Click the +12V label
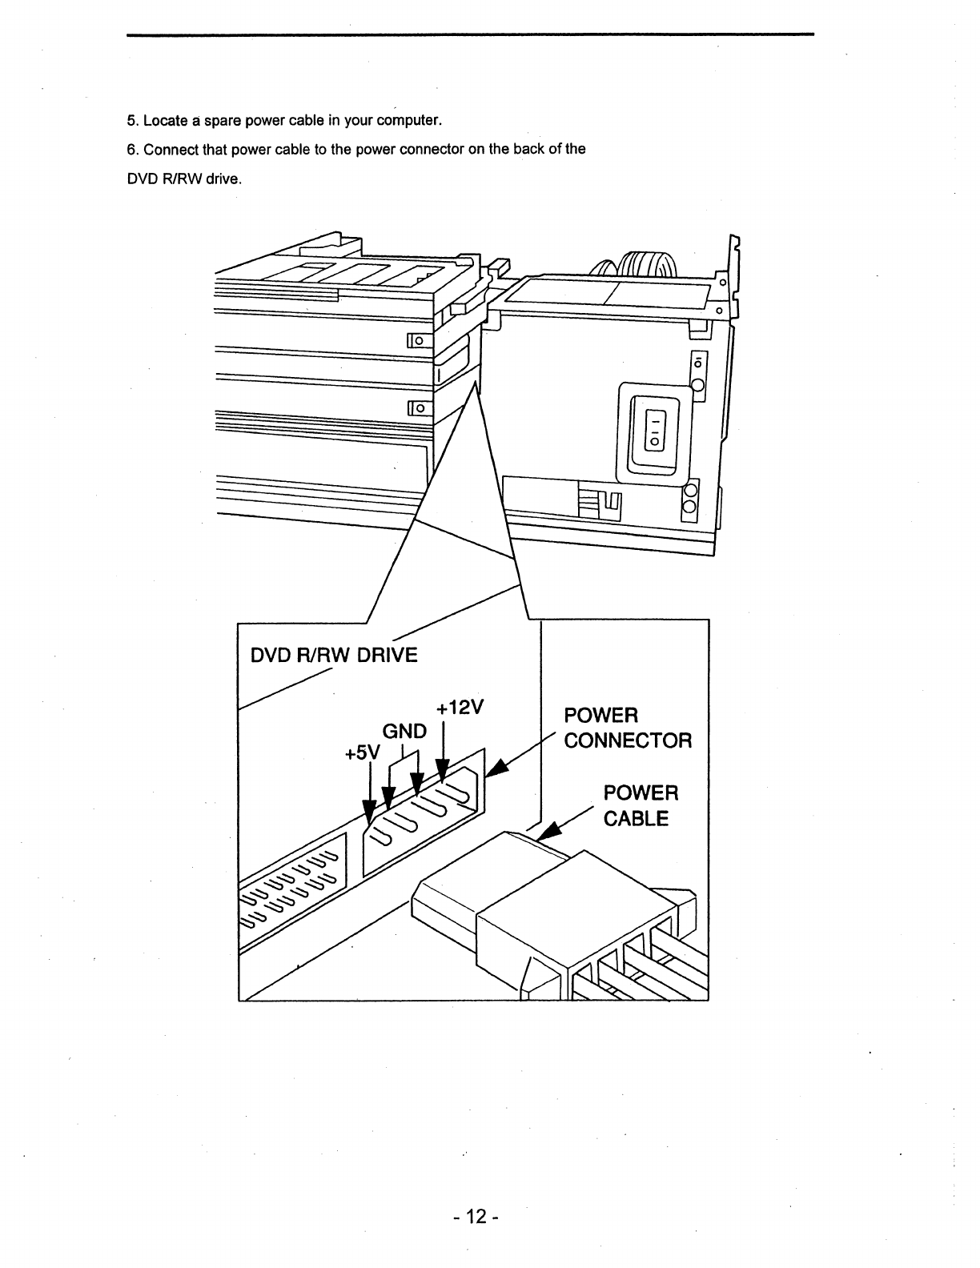click(461, 709)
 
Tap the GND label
click(405, 732)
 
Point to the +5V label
click(364, 754)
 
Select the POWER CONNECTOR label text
click(627, 728)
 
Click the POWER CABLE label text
click(640, 805)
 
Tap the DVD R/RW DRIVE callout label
click(334, 656)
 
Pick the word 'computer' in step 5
click(408, 121)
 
